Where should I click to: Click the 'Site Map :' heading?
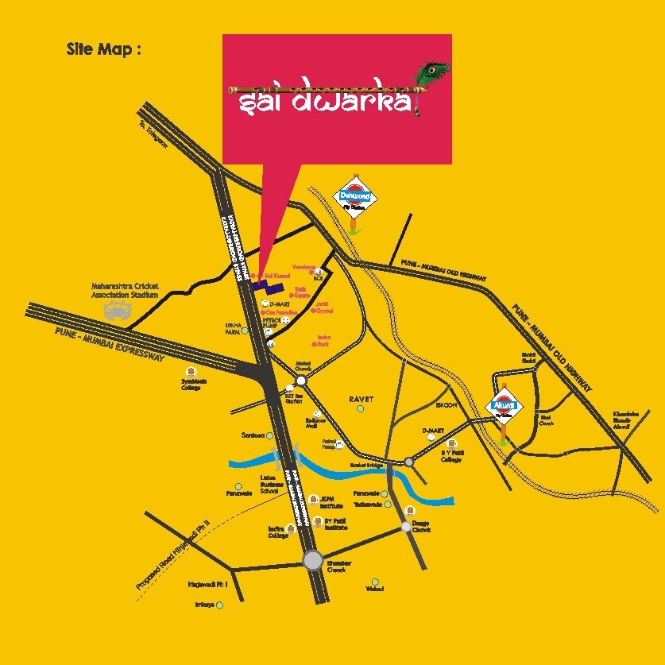[104, 49]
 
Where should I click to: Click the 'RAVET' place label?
[361, 399]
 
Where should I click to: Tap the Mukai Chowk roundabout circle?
[301, 381]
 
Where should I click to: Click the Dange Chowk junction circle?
[406, 526]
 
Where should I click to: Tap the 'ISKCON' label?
[446, 405]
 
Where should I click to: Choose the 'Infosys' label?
[205, 605]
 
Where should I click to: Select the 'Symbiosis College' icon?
[191, 372]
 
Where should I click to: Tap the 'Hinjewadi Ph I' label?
[208, 584]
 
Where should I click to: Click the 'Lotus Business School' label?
[269, 485]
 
